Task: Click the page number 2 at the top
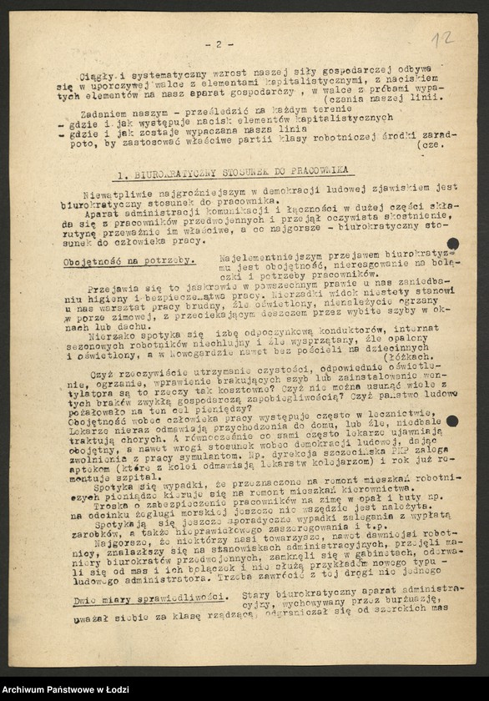click(219, 44)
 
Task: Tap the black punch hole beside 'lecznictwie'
click(451, 421)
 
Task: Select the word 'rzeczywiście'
click(155, 377)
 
